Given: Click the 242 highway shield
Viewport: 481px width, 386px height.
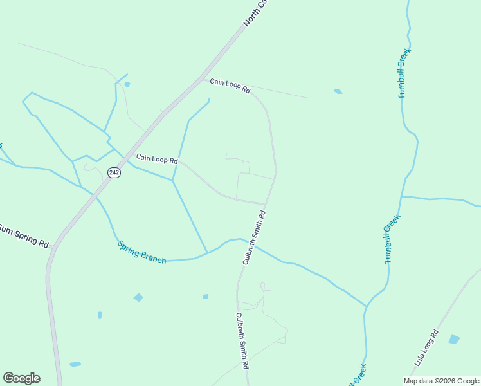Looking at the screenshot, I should [x=114, y=173].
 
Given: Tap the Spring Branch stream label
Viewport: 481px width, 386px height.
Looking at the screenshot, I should [x=142, y=252].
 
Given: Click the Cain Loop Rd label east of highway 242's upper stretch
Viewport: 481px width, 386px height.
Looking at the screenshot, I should [x=230, y=86].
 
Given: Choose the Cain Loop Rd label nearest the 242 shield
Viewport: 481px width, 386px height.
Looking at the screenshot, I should [x=156, y=158].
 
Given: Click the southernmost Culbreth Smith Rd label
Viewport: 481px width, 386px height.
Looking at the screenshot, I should [x=242, y=340].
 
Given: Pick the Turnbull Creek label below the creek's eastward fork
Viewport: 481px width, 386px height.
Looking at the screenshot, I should [x=392, y=239].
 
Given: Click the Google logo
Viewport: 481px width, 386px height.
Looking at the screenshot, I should [x=21, y=378].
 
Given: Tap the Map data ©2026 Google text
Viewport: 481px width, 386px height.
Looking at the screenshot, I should [x=442, y=381].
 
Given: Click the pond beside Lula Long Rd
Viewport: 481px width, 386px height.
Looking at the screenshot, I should [x=454, y=339].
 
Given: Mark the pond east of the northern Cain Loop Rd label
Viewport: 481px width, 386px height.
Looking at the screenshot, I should [x=338, y=91].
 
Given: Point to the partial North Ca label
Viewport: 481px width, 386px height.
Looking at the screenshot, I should [x=255, y=13].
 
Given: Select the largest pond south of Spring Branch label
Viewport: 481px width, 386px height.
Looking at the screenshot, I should [x=138, y=297].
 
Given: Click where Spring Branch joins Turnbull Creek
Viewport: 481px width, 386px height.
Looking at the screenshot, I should [x=366, y=306].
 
